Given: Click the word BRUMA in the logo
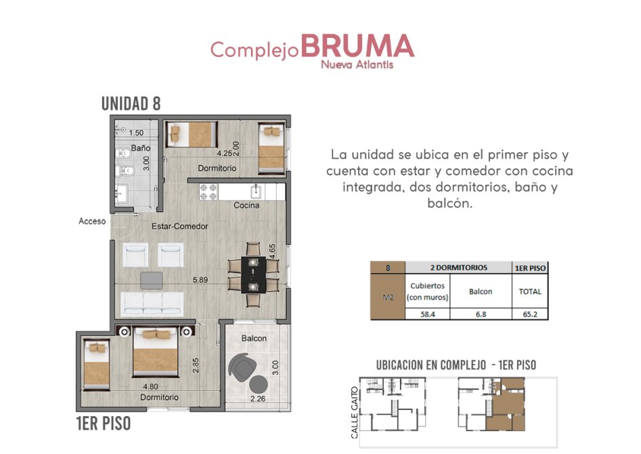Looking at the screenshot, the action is [x=357, y=45].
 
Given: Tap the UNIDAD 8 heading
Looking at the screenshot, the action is [x=131, y=104].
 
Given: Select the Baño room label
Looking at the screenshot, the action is [x=141, y=148].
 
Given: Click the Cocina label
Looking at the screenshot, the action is [x=246, y=205].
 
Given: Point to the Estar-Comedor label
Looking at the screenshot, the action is [x=180, y=226].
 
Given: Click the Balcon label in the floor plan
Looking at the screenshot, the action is [x=254, y=338].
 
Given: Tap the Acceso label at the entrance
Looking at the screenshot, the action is [x=92, y=221].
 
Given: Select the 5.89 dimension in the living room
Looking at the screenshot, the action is [x=200, y=280].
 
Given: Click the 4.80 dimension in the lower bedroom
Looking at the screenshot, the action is [x=150, y=386].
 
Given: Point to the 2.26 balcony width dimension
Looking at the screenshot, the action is [x=258, y=398].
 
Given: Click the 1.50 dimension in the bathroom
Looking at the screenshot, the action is [x=136, y=133].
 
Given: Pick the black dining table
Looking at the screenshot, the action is [x=253, y=274].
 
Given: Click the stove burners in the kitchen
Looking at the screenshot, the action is [x=208, y=192].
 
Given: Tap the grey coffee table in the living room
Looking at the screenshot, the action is [x=151, y=281].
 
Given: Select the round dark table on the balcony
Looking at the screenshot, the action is [x=259, y=384].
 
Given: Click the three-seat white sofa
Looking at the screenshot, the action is [x=152, y=304].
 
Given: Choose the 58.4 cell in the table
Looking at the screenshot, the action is [x=428, y=314].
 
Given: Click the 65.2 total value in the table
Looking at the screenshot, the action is [x=530, y=314].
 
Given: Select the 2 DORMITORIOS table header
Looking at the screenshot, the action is [x=459, y=268].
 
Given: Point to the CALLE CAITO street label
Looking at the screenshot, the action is [x=355, y=412].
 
